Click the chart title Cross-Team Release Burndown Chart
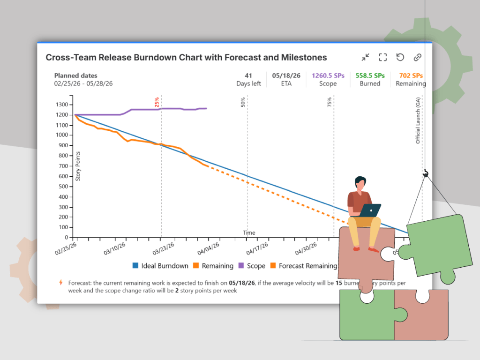(x=186, y=58)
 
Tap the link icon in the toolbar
(x=417, y=57)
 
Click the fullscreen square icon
(x=382, y=57)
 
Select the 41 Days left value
(x=248, y=75)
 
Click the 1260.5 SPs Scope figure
(x=328, y=75)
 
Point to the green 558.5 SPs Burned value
(x=370, y=75)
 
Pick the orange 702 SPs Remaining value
(x=411, y=75)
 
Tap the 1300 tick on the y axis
(x=62, y=105)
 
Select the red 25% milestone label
(x=157, y=102)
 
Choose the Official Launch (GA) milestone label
(x=418, y=120)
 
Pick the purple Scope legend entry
(x=252, y=266)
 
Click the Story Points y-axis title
(x=78, y=166)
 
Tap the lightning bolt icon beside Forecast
(x=60, y=283)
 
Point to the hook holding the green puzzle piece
(x=426, y=174)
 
